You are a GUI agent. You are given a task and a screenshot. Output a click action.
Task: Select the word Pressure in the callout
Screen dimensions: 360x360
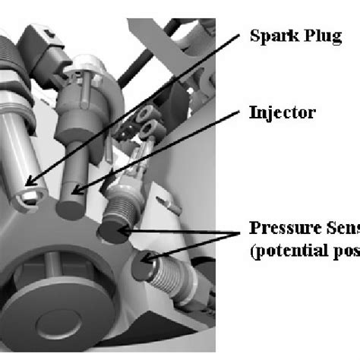[279, 229]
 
